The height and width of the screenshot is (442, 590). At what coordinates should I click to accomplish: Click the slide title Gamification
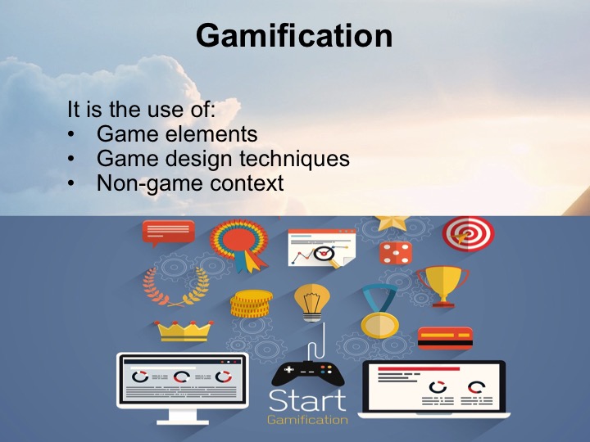point(294,36)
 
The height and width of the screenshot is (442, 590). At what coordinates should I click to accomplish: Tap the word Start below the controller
point(307,401)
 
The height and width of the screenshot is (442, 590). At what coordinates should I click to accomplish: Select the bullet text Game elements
point(176,133)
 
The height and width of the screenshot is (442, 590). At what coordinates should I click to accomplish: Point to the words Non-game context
point(190,183)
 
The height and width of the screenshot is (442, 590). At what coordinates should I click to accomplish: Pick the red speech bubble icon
point(168,232)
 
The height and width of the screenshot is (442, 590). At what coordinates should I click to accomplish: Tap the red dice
point(394,252)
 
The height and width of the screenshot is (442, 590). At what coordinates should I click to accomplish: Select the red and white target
point(468,234)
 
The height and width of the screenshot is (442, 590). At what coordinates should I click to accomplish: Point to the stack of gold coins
point(251,304)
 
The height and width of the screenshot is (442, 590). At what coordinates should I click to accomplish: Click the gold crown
point(184,330)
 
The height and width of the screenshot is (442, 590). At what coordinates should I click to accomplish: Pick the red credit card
point(445,336)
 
